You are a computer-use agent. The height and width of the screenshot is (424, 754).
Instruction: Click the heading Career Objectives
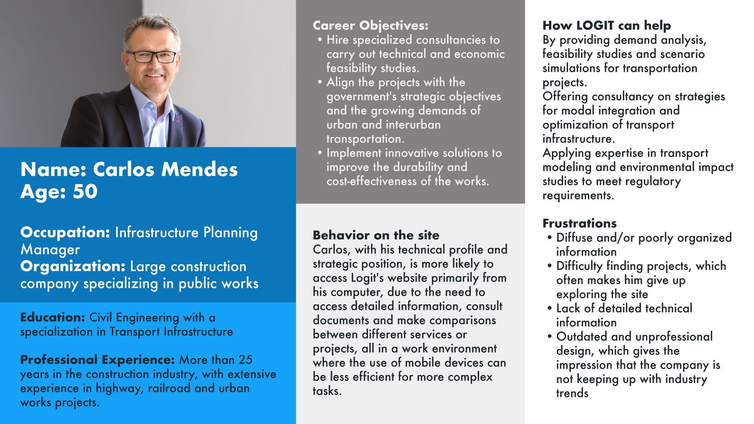coord(370,26)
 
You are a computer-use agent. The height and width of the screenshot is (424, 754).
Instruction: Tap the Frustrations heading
coord(580,223)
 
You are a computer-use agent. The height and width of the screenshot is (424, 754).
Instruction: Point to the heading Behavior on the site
coord(376,235)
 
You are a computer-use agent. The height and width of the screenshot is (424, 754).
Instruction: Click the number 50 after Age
coord(85,192)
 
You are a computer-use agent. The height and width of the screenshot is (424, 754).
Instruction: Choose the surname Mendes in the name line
coord(199,170)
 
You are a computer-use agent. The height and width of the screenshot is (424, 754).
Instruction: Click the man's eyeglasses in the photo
coord(155,57)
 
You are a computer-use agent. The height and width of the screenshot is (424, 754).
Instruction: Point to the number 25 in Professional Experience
coord(245,360)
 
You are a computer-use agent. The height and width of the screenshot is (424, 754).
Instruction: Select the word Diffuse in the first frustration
coord(574,238)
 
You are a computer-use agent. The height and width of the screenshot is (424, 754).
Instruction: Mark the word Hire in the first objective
coord(338,40)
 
